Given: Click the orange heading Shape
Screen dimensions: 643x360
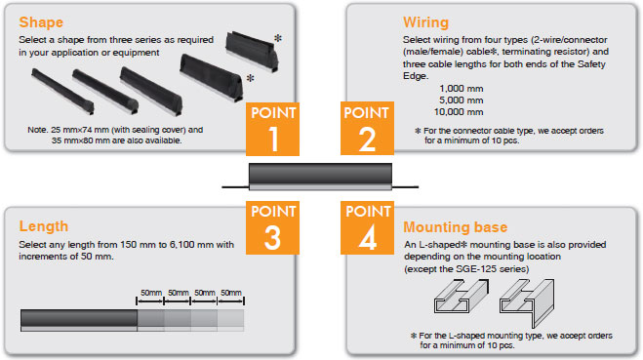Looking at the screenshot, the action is tap(41, 22).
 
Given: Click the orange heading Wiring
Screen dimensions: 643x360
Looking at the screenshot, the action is tap(425, 22).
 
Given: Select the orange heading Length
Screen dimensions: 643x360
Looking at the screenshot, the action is tap(44, 226).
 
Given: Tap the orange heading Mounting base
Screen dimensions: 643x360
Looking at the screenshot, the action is tap(456, 227).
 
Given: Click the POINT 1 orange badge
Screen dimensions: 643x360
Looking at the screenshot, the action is tap(272, 129).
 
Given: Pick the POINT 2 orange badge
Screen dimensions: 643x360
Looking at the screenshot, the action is tap(367, 129).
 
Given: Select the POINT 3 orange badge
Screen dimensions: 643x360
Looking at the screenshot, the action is tap(272, 227).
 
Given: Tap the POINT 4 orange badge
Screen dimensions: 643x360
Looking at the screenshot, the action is tap(367, 227).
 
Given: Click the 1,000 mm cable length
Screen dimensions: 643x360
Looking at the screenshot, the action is tap(461, 89).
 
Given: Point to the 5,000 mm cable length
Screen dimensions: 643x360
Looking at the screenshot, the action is tap(461, 100).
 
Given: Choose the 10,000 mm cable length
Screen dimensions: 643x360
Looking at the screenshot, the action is tap(459, 112).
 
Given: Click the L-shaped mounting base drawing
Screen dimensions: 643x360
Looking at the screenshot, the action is tap(527, 303).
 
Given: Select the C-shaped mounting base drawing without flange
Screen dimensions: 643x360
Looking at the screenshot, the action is tap(462, 297).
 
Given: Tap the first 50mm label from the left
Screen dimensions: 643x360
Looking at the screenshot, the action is tap(151, 293).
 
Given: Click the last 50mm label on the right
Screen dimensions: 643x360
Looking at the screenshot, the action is tap(231, 293).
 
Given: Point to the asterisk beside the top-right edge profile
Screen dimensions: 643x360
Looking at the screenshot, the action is tap(278, 38).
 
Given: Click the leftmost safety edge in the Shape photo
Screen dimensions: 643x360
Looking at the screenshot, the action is tap(62, 91).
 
